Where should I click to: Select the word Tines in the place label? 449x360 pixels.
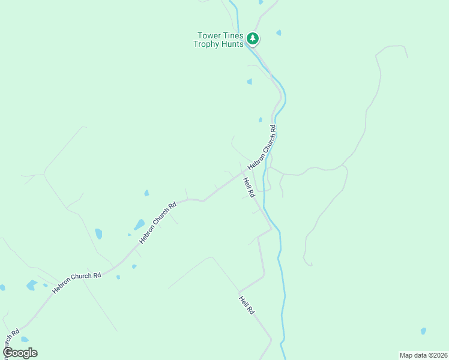click(232, 35)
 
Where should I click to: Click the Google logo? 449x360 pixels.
click(20, 353)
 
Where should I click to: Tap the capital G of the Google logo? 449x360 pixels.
click(8, 353)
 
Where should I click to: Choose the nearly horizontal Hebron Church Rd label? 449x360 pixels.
click(76, 283)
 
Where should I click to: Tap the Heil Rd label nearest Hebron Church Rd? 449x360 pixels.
click(249, 187)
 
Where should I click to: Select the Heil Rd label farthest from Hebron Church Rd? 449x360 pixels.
click(247, 305)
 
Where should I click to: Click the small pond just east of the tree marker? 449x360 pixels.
click(279, 32)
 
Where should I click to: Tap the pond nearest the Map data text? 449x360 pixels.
click(423, 331)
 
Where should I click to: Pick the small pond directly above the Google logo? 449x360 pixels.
click(25, 339)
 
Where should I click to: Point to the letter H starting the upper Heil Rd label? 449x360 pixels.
click(245, 179)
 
